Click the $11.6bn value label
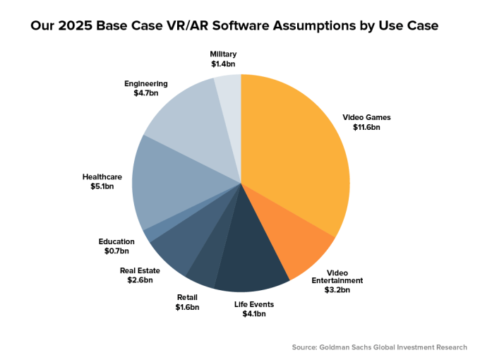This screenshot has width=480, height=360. pyautogui.click(x=366, y=128)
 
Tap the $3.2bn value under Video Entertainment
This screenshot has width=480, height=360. pyautogui.click(x=337, y=289)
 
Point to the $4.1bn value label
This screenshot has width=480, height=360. pyautogui.click(x=254, y=314)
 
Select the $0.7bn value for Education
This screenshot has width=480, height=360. pyautogui.click(x=116, y=251)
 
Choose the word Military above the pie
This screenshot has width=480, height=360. pyautogui.click(x=223, y=54)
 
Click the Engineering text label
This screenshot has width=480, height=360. pyautogui.click(x=145, y=83)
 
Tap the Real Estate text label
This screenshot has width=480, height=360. pyautogui.click(x=139, y=270)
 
